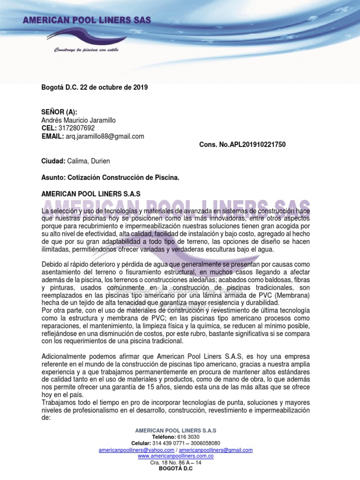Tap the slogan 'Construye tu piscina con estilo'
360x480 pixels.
coord(86,50)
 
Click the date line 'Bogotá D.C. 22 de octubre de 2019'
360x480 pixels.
coord(95,87)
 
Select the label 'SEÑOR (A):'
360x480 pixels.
coord(60,112)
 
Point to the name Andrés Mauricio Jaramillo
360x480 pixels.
coord(79,120)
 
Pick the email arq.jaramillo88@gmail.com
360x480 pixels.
coord(105,136)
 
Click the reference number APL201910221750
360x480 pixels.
coord(257,145)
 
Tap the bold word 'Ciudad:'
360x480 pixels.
coord(53,161)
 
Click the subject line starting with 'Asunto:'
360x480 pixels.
coord(111,178)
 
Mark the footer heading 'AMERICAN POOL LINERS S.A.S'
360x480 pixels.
coord(176,430)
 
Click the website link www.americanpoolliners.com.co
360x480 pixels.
coord(176,456)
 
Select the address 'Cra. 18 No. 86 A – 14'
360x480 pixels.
coord(176,463)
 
